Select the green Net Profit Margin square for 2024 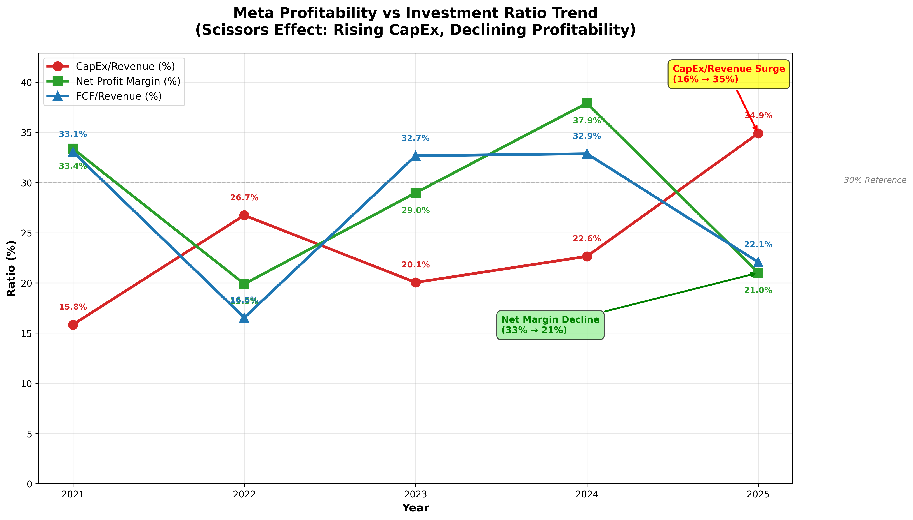click(x=587, y=103)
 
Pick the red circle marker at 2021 click(x=73, y=325)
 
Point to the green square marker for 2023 click(x=415, y=193)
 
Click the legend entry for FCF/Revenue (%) click(x=118, y=96)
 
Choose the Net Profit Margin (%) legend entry click(x=128, y=81)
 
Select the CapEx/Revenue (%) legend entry click(x=125, y=66)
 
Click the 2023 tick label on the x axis click(x=415, y=495)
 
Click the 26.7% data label click(x=244, y=198)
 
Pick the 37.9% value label click(x=587, y=121)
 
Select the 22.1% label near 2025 click(x=758, y=245)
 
